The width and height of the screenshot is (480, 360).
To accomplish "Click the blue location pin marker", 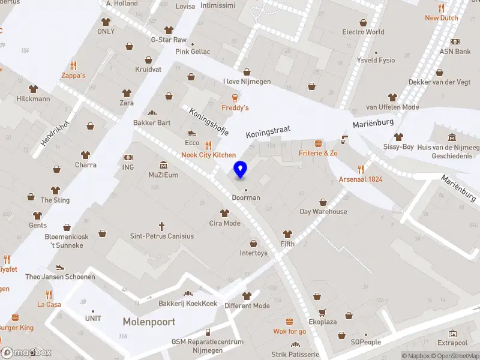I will [x=241, y=170].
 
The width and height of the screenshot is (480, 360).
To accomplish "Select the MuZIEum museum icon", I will [x=163, y=166].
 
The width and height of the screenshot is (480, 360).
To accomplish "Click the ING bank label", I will [x=128, y=167].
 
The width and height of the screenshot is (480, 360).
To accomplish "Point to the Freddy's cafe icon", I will [x=235, y=98].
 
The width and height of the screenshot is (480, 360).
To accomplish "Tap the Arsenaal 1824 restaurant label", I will [x=361, y=179].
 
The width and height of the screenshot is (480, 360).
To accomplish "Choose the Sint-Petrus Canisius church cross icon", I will [x=162, y=226].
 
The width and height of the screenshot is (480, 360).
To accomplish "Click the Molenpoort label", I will [x=149, y=322].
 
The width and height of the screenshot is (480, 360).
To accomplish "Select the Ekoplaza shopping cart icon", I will [x=323, y=313].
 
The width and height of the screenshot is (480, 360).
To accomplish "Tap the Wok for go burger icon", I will [x=290, y=322].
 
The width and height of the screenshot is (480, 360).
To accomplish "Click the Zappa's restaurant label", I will [x=73, y=76].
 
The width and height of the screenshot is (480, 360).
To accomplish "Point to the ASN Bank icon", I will [x=455, y=42].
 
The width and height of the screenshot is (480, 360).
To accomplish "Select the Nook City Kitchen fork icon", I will [x=209, y=145].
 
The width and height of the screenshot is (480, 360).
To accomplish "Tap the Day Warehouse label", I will [x=323, y=211].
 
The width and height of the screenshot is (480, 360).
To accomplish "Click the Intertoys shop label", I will [x=253, y=253].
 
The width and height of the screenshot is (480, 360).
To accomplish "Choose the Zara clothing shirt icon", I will [x=127, y=93].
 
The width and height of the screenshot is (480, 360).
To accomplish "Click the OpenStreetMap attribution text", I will [x=455, y=356].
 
